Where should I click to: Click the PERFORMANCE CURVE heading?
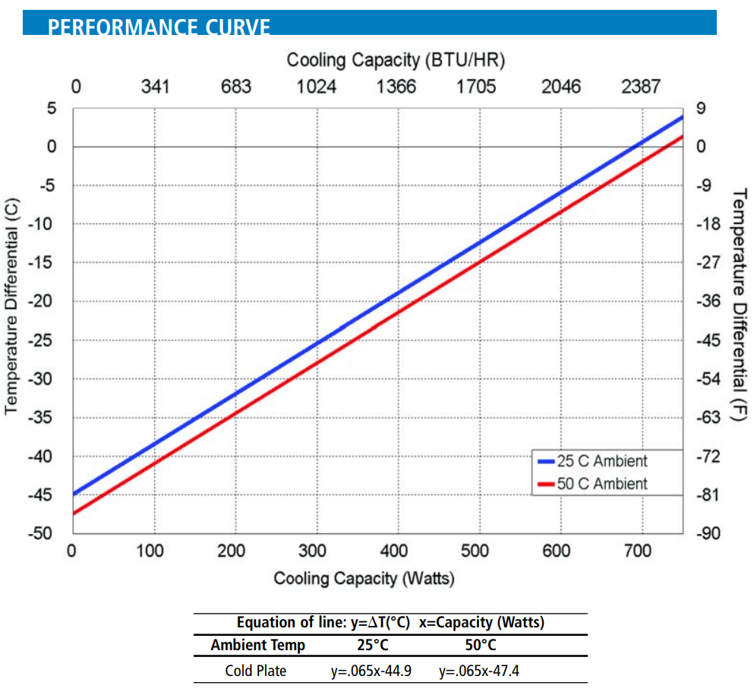159,27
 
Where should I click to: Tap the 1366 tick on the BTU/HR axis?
396,87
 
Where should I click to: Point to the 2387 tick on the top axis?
641,87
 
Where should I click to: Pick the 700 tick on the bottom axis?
638,551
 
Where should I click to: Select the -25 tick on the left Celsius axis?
47,340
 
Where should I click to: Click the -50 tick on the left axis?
47,533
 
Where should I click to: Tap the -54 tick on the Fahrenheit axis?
708,378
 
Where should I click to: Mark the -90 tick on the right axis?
708,533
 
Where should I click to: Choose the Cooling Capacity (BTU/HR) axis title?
396,59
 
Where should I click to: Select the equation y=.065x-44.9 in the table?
369,671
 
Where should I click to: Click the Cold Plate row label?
256,671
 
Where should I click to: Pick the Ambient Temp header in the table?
258,646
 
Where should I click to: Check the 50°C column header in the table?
480,646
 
